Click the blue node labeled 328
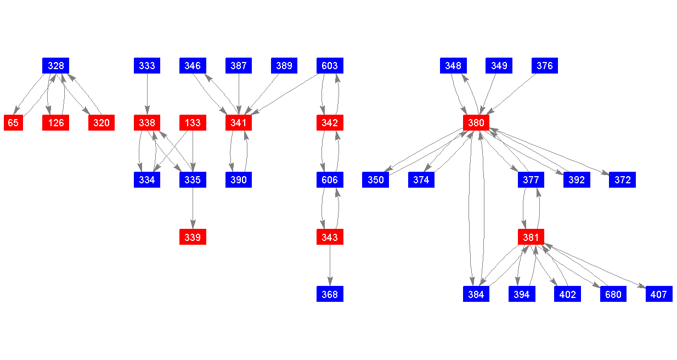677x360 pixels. (55, 66)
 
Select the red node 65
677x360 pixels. (13, 123)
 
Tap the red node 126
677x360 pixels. (55, 123)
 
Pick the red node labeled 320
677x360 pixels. (101, 123)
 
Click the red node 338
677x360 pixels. (147, 123)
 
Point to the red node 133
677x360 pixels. (193, 123)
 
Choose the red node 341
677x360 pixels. (239, 123)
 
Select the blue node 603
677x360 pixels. (330, 66)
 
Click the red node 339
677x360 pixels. (193, 237)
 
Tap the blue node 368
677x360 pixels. (330, 294)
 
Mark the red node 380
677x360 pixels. (476, 123)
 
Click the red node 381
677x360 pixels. (531, 237)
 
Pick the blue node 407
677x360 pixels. (658, 294)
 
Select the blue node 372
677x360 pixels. (622, 180)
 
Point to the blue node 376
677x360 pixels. (545, 66)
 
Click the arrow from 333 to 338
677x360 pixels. (147, 94)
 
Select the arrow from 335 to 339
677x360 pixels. (193, 209)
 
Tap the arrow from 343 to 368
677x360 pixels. (330, 266)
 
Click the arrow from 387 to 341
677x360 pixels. (239, 94)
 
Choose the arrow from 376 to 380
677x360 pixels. (511, 94)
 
